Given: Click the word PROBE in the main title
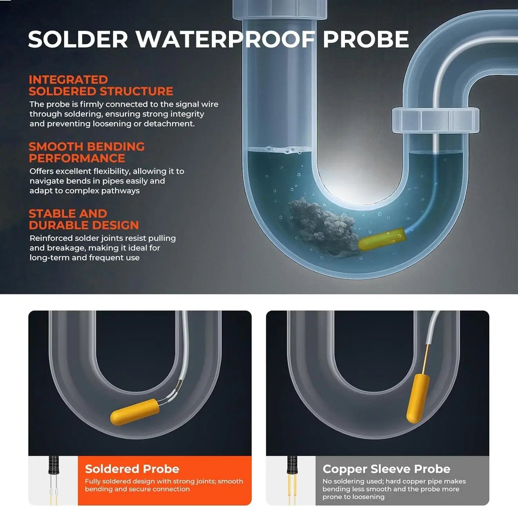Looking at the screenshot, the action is (x=366, y=39).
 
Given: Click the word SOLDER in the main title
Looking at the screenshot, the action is (x=78, y=39).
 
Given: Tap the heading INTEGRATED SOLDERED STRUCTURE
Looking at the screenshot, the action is (x=101, y=85).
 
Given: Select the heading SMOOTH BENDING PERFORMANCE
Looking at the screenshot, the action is (x=87, y=152).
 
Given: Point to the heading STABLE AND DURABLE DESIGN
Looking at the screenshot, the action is (x=84, y=219).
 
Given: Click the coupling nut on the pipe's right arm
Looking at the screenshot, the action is (x=435, y=120).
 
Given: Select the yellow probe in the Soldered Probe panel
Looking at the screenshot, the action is (x=135, y=412).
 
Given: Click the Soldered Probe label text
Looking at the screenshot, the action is (x=132, y=469).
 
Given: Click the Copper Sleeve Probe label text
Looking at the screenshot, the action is (x=386, y=469).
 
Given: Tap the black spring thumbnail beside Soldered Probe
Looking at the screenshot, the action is (x=54, y=465).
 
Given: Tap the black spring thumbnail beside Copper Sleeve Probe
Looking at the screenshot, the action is (x=292, y=465).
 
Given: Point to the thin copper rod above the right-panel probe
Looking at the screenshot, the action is (x=426, y=359).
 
